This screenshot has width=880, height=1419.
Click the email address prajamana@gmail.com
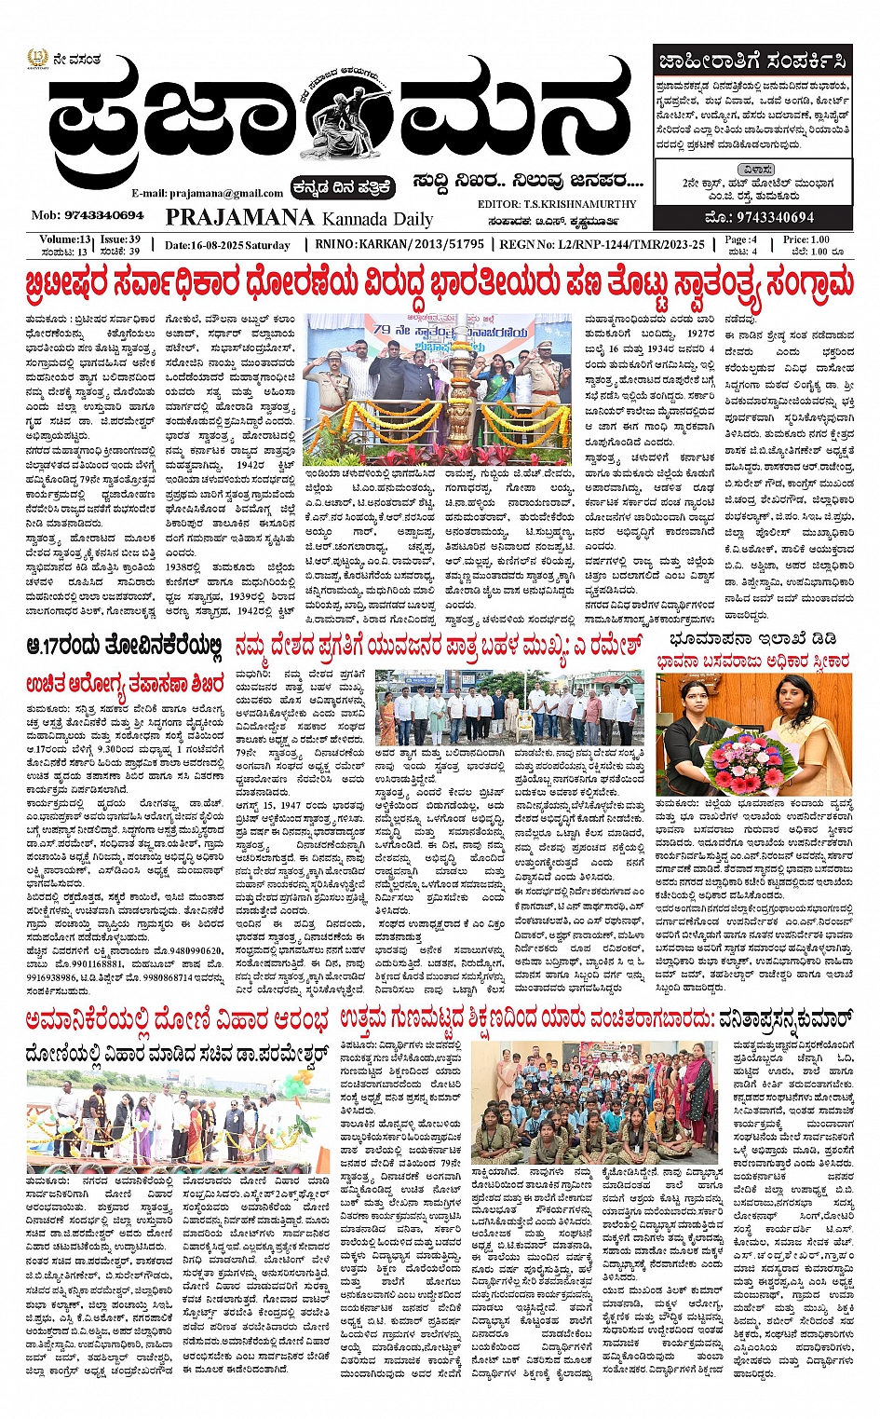click(x=207, y=193)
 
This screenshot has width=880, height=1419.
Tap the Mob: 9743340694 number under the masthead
click(x=88, y=215)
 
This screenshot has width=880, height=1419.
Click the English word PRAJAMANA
click(x=239, y=217)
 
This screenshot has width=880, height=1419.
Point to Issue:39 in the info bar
click(x=120, y=240)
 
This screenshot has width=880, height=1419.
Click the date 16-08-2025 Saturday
click(x=227, y=245)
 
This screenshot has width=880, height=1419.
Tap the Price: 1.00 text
click(x=806, y=240)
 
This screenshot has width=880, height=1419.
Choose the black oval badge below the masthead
click(x=342, y=188)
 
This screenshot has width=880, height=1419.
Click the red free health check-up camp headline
click(x=124, y=683)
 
